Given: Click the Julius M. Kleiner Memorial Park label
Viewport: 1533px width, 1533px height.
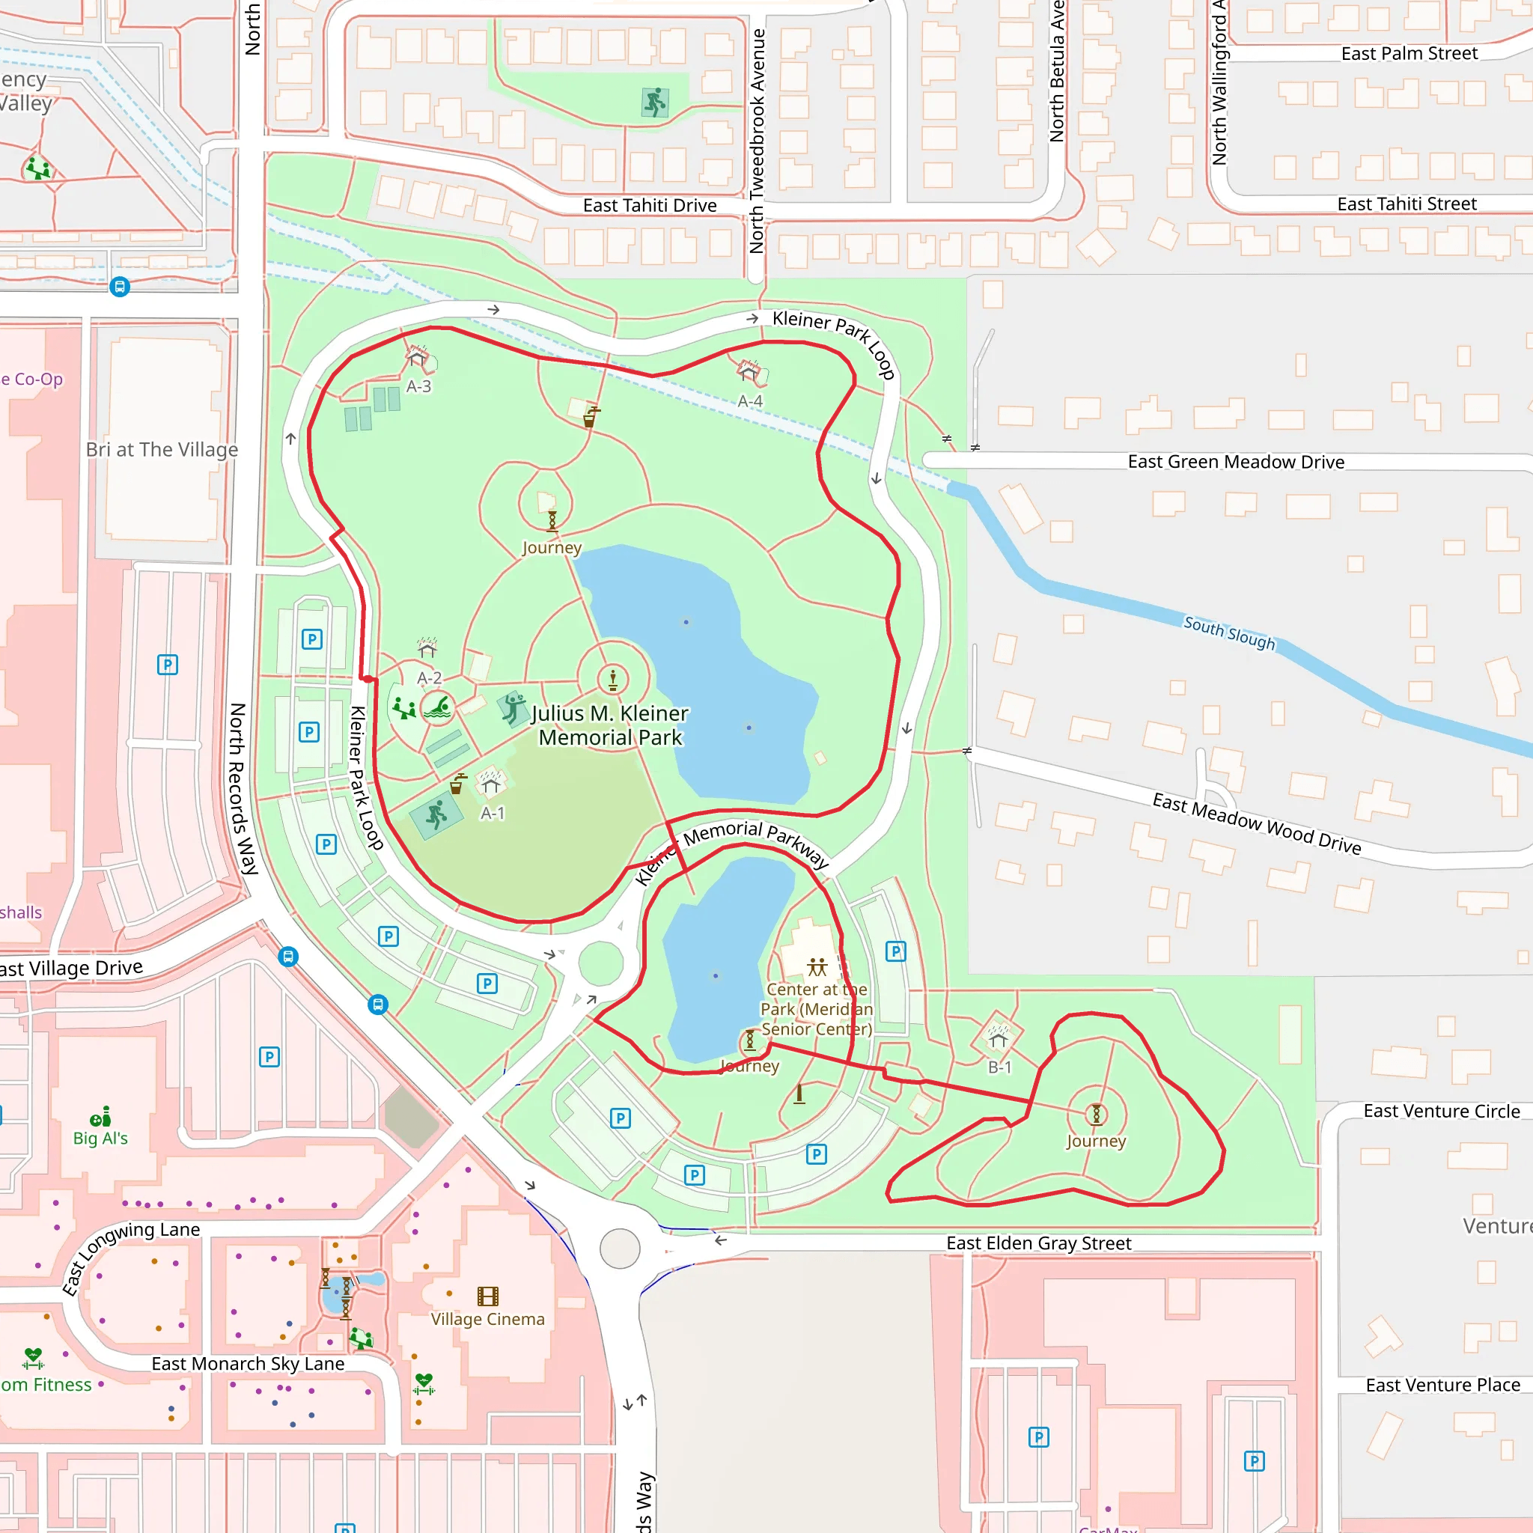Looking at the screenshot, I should point(610,725).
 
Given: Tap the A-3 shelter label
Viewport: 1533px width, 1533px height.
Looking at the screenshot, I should point(419,386).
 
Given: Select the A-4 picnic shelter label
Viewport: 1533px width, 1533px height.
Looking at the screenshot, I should point(750,401).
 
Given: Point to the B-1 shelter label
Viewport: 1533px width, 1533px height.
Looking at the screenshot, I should point(1000,1068).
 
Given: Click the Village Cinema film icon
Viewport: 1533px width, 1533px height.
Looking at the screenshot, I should point(488,1296).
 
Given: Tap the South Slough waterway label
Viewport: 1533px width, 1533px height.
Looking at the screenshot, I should point(1229,633).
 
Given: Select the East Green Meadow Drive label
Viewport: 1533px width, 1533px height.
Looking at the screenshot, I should point(1235,462).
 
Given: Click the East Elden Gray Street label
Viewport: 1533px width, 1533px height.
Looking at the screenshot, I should point(1038,1243).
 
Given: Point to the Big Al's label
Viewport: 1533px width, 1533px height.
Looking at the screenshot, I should point(100,1138).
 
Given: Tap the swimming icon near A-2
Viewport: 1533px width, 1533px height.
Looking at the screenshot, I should point(437,707).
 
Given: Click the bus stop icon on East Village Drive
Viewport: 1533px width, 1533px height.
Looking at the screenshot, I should point(289,956).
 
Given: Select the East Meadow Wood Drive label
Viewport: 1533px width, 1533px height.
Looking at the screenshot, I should point(1256,823).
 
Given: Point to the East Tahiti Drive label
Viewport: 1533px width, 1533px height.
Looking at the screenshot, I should point(649,206).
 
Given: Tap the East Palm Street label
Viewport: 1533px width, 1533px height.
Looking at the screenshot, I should point(1409,54).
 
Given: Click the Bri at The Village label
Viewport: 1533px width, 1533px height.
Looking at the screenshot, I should point(162,450).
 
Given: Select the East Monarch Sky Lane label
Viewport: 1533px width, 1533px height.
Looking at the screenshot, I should point(248,1363).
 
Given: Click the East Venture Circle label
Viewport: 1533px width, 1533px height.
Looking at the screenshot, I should point(1441,1111).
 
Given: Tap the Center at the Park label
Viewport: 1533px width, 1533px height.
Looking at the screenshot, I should point(817,1008).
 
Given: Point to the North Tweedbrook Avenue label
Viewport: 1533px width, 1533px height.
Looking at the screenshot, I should point(757,141).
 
